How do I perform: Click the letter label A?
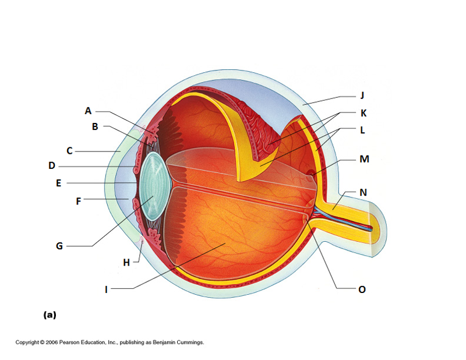point(88,111)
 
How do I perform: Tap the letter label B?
point(95,126)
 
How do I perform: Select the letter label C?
point(69,151)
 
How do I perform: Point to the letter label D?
point(52,166)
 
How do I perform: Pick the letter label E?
point(58,183)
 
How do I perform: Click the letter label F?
point(79,201)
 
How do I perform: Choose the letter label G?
point(59,246)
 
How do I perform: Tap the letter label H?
point(126,262)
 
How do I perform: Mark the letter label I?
point(106,288)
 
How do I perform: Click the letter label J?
point(362,95)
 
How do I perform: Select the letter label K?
point(363,112)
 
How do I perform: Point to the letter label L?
point(362,130)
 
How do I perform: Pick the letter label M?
point(364,158)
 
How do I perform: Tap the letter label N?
point(363,192)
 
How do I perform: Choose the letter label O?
point(362,288)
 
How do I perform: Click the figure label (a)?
point(50,315)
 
